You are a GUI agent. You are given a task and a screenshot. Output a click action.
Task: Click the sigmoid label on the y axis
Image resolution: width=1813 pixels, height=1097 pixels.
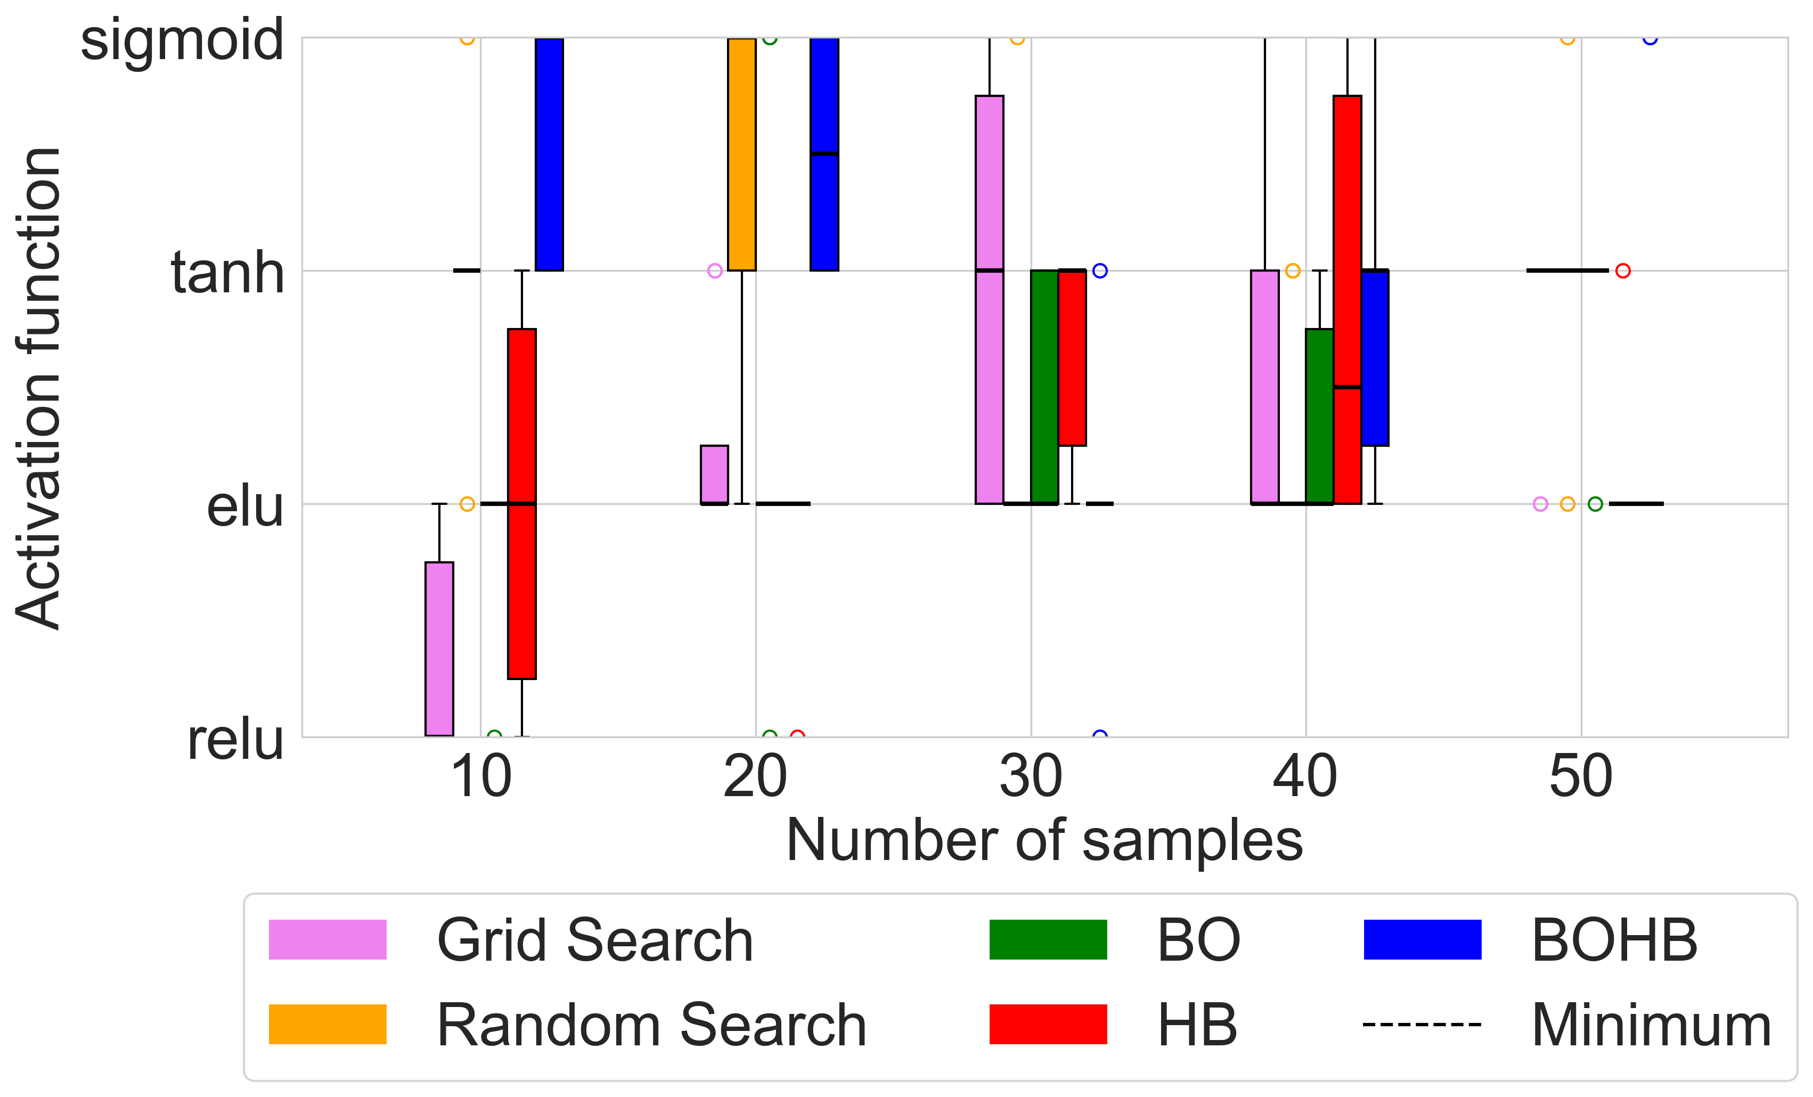pyautogui.click(x=181, y=40)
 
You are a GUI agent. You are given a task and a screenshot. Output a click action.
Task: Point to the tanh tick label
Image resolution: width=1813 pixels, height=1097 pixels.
pyautogui.click(x=227, y=272)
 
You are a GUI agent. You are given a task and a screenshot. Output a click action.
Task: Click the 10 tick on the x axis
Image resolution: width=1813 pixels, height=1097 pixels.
pyautogui.click(x=480, y=777)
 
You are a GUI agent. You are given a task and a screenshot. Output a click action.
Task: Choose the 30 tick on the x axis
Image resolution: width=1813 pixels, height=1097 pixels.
pyautogui.click(x=1030, y=777)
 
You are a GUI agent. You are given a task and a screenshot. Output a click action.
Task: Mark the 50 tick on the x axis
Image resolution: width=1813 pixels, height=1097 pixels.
pyautogui.click(x=1580, y=777)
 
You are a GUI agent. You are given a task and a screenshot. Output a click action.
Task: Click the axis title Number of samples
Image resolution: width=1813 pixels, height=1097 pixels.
pyautogui.click(x=1044, y=840)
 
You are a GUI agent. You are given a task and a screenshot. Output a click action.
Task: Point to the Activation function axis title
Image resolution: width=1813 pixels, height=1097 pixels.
pyautogui.click(x=38, y=388)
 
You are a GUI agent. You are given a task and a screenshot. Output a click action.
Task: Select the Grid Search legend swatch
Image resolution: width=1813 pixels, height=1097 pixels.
pyautogui.click(x=328, y=939)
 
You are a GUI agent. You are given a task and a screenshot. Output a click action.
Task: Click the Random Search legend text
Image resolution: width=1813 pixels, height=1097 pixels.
pyautogui.click(x=651, y=1025)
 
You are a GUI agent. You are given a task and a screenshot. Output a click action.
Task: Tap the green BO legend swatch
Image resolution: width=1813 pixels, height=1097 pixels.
pyautogui.click(x=1048, y=939)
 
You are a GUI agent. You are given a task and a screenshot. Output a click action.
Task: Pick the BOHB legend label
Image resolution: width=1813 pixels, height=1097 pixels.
pyautogui.click(x=1614, y=940)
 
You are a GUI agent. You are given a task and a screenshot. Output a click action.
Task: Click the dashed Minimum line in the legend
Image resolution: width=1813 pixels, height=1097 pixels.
pyautogui.click(x=1422, y=1024)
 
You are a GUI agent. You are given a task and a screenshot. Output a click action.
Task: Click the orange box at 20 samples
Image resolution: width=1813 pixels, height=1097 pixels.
pyautogui.click(x=742, y=154)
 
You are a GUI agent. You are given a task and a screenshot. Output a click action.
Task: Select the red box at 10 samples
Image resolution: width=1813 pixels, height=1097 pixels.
pyautogui.click(x=521, y=503)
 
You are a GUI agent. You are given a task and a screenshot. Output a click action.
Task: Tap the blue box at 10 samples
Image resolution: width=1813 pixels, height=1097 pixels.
pyautogui.click(x=549, y=154)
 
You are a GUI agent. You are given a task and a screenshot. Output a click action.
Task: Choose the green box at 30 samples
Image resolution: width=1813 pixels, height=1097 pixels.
pyautogui.click(x=1044, y=387)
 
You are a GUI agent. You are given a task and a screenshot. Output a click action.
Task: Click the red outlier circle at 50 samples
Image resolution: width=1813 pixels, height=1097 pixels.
pyautogui.click(x=1622, y=271)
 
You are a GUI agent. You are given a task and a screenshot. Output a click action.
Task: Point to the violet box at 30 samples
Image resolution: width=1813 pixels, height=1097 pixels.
pyautogui.click(x=989, y=299)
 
